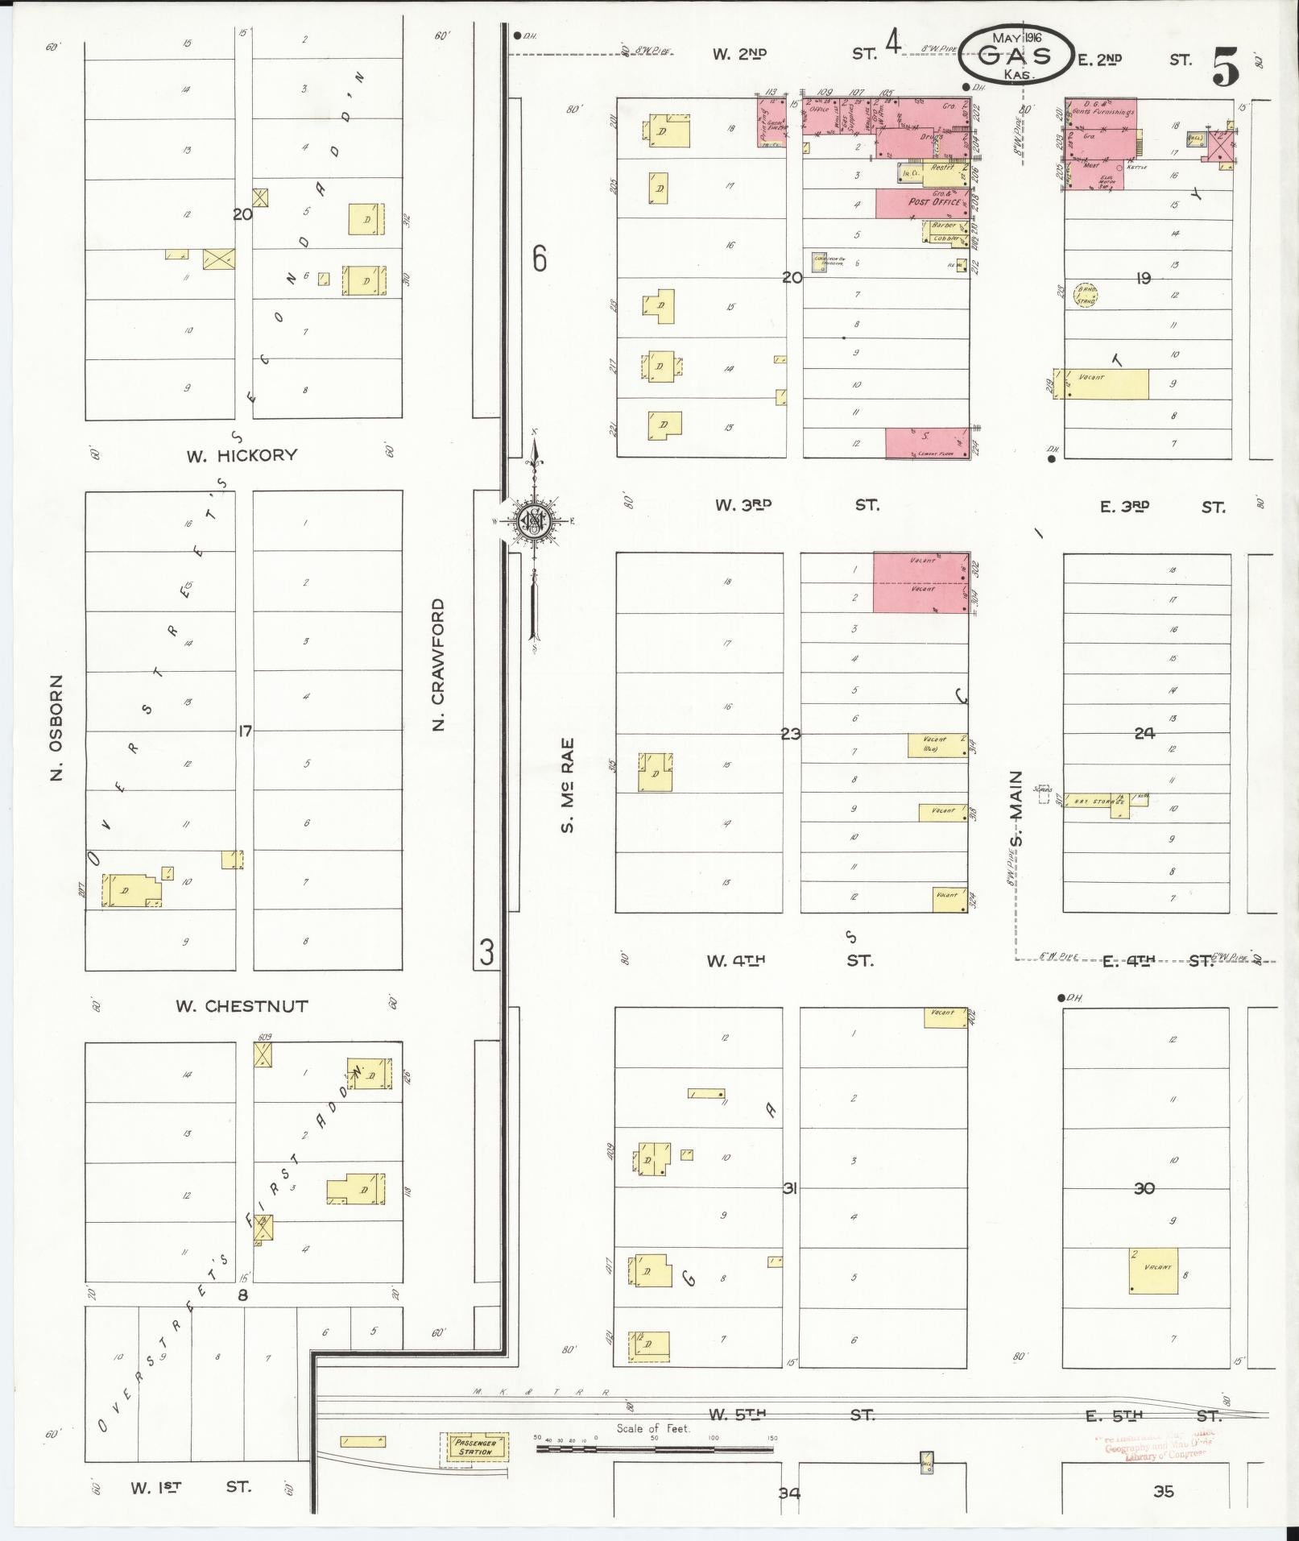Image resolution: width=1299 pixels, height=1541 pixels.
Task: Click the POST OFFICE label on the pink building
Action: tap(934, 202)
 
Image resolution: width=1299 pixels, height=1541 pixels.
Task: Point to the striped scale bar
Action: tap(654, 1448)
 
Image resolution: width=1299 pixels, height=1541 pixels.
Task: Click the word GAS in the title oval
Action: tap(1016, 56)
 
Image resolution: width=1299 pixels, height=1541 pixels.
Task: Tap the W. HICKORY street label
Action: tap(242, 455)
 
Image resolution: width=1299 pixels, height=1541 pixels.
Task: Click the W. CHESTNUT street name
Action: tap(242, 1006)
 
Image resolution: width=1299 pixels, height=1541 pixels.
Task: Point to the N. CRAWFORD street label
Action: tap(439, 665)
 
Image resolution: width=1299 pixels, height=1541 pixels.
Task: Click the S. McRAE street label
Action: tap(568, 785)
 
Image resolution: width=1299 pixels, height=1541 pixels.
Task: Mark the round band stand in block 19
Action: tap(1086, 296)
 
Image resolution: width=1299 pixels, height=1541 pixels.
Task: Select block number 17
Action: tap(245, 731)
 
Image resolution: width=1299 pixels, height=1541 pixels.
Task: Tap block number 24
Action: tap(1144, 733)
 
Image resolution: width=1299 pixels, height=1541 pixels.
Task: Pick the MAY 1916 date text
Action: tap(1016, 38)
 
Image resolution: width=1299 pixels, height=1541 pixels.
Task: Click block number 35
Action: tap(1163, 1492)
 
